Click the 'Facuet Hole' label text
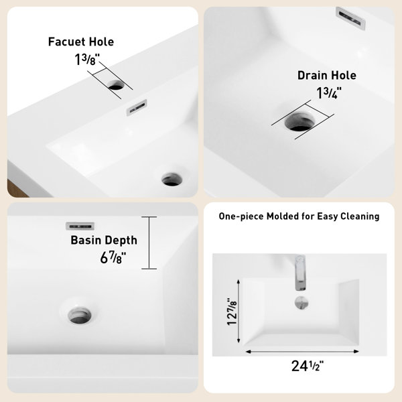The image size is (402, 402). (81, 42)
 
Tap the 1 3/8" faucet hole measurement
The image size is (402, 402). (87, 59)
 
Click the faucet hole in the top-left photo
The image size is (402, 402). (116, 85)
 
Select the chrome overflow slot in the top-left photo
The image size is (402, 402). (137, 107)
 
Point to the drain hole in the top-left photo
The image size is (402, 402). (172, 179)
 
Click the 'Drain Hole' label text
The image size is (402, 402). (327, 75)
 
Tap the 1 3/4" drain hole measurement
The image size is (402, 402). (329, 93)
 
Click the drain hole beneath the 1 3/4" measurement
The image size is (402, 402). (299, 122)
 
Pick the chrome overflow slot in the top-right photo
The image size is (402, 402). (350, 17)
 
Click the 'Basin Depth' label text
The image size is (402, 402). (104, 241)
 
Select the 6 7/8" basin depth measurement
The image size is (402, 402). (113, 257)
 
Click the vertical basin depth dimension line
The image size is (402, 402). (149, 243)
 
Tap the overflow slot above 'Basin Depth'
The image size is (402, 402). (80, 226)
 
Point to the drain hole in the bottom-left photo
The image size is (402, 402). (80, 315)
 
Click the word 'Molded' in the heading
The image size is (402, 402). (283, 216)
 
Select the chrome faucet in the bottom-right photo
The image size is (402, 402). (300, 273)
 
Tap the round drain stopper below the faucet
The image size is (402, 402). (301, 303)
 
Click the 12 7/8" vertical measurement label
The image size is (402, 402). (232, 312)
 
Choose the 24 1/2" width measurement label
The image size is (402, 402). (308, 366)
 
